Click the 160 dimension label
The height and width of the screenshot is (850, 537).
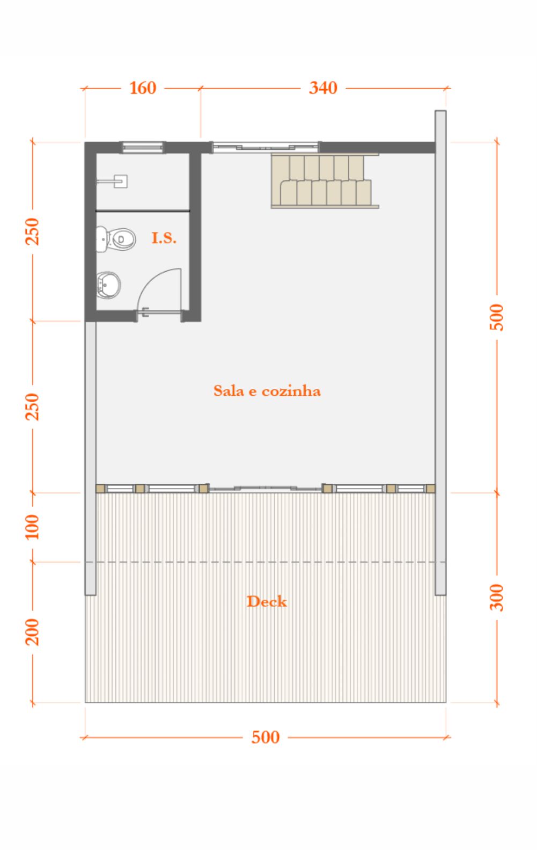(x=143, y=88)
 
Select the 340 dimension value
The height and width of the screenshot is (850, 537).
(x=323, y=88)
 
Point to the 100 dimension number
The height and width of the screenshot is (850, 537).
(x=32, y=527)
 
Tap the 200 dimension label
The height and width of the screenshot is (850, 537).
(x=32, y=632)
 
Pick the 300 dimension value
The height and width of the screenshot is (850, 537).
(x=496, y=598)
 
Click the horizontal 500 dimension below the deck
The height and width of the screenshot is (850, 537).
(x=266, y=737)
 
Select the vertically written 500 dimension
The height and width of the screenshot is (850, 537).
(x=496, y=317)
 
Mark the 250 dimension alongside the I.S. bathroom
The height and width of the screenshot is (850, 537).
(x=32, y=231)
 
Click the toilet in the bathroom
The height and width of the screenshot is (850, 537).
(x=116, y=239)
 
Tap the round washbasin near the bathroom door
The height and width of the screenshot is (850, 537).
(x=108, y=285)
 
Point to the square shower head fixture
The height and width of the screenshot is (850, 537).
(x=121, y=181)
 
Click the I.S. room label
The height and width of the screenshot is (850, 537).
(x=164, y=238)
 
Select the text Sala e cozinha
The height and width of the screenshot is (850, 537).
(x=267, y=391)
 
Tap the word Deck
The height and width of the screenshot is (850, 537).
(x=267, y=601)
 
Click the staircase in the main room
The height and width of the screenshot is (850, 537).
(x=325, y=180)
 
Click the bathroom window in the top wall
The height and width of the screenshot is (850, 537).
(x=142, y=147)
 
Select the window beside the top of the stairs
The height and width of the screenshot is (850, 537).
(x=266, y=147)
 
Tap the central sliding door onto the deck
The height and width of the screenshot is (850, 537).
(x=266, y=489)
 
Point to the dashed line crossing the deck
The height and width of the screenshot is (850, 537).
(x=266, y=562)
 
